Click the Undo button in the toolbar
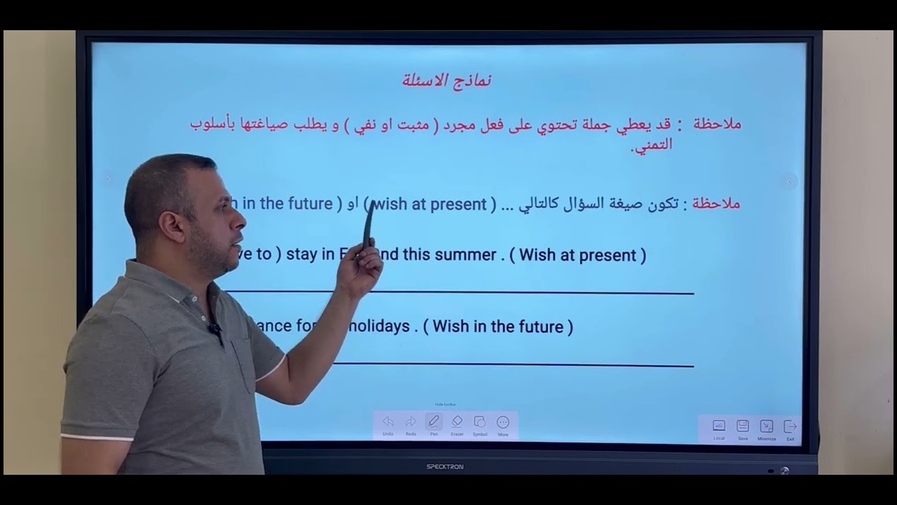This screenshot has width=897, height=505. tap(388, 422)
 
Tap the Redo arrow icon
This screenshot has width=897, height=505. tap(411, 422)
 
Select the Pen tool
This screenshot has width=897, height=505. tap(434, 422)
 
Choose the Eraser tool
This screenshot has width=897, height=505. tap(457, 422)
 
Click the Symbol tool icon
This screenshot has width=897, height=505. tap(480, 422)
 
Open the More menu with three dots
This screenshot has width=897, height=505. tap(503, 422)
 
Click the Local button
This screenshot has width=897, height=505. tap(719, 426)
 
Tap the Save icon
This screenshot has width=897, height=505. tap(743, 426)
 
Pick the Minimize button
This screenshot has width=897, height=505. tap(767, 426)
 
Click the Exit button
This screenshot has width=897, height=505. tap(790, 426)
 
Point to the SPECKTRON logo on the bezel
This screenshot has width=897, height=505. tap(445, 466)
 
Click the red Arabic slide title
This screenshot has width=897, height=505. tap(447, 80)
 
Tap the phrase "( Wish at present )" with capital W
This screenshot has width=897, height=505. tap(577, 255)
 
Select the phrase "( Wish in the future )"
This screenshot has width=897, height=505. tap(498, 327)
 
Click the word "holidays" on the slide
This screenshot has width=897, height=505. tap(381, 327)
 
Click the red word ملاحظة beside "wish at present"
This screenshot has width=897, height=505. tap(715, 204)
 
